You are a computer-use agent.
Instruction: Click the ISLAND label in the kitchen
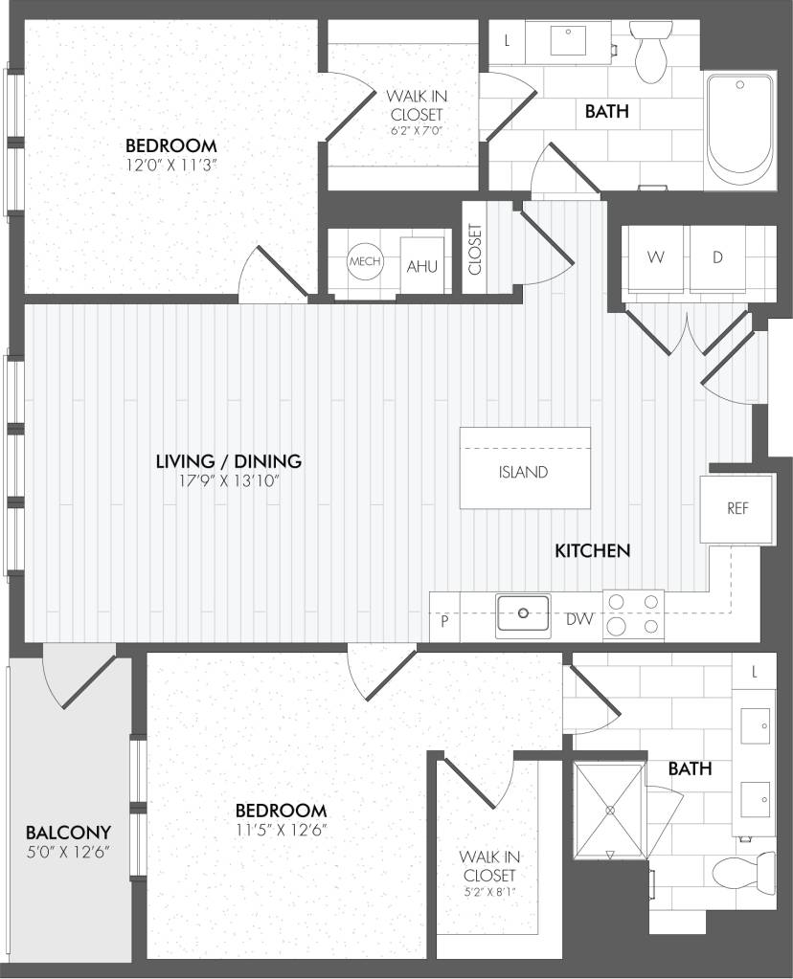tap(524, 472)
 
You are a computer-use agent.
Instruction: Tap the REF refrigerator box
tap(736, 508)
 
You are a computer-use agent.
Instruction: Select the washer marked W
tap(655, 258)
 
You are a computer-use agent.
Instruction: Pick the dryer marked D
tap(717, 258)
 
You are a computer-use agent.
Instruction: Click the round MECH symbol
tap(364, 262)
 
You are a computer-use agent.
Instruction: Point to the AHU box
tap(421, 265)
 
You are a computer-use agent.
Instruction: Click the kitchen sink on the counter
tap(523, 613)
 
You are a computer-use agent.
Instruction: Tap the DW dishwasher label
tap(578, 620)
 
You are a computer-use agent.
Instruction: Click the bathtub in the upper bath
tap(739, 131)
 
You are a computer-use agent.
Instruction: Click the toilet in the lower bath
tap(744, 872)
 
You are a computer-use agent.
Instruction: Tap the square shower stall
tap(609, 810)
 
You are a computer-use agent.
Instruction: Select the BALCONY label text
tap(68, 832)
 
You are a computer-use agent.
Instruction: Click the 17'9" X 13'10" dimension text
tap(228, 481)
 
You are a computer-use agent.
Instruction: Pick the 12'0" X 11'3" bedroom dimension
tap(170, 165)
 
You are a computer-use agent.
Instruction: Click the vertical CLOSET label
tap(476, 249)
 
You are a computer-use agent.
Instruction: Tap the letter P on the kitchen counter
tap(444, 620)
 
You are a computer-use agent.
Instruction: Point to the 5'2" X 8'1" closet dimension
tap(487, 895)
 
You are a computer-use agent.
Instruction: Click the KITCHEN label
tap(592, 550)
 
